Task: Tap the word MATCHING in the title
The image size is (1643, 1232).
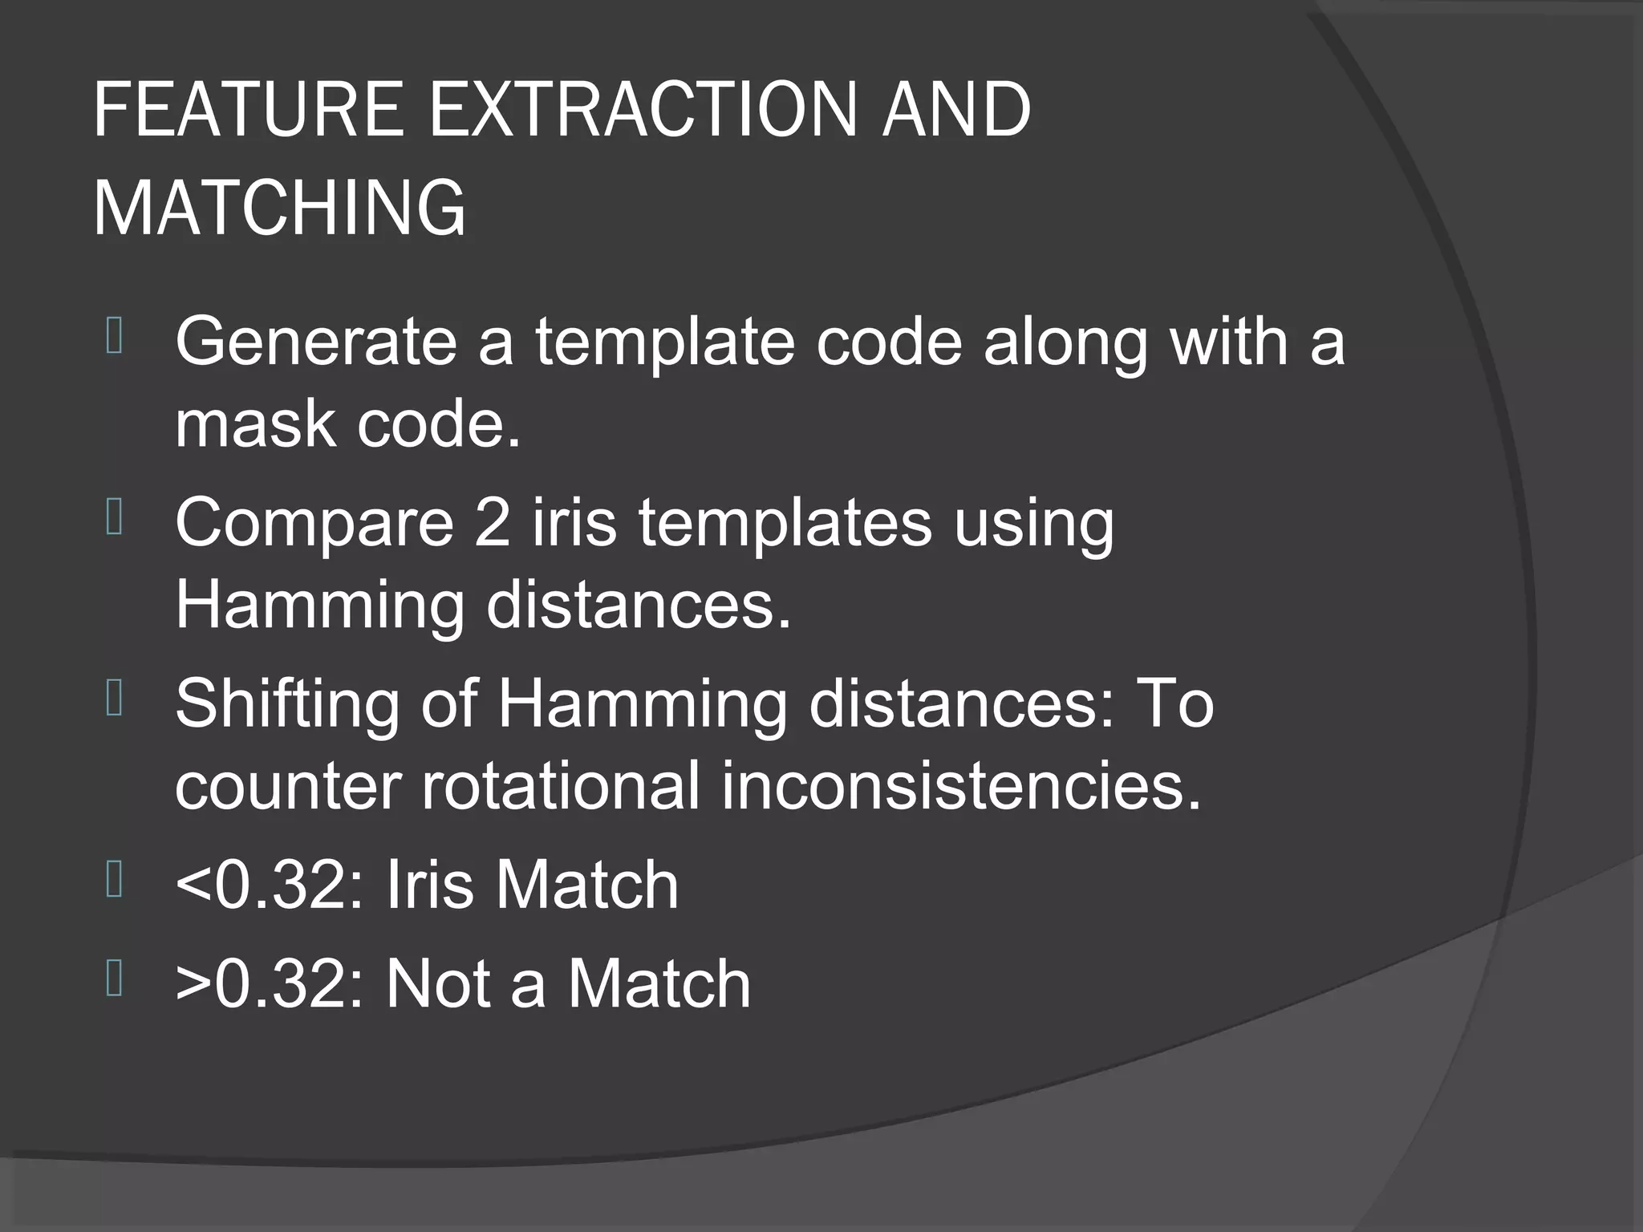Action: pyautogui.click(x=279, y=207)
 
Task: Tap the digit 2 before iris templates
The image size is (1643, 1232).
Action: pyautogui.click(x=493, y=522)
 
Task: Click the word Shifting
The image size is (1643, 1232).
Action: pyautogui.click(x=287, y=704)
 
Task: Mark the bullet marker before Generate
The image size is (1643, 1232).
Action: pyautogui.click(x=114, y=336)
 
